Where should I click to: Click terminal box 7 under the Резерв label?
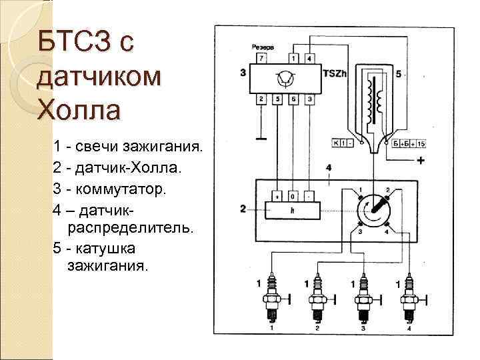tap(261, 59)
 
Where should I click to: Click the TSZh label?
tap(334, 73)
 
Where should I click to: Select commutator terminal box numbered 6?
tap(293, 99)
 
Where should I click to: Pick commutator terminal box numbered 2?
tap(261, 99)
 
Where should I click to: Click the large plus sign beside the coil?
tap(421, 161)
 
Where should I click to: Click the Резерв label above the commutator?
tap(263, 47)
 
